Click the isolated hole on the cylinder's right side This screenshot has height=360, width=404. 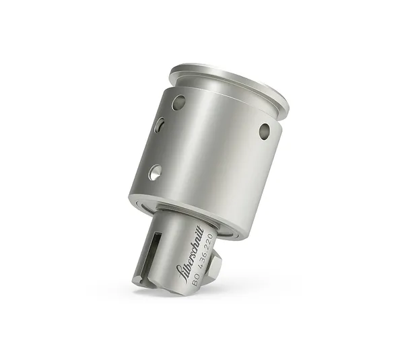265,131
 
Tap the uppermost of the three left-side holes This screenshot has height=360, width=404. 178,103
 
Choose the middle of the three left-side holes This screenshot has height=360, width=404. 162,127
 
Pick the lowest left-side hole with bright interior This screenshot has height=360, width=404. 156,172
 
